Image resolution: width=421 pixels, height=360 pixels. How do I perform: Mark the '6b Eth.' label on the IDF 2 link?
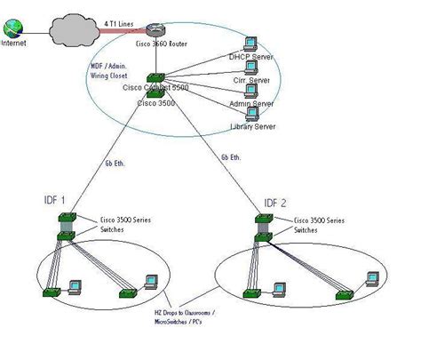coord(231,156)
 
